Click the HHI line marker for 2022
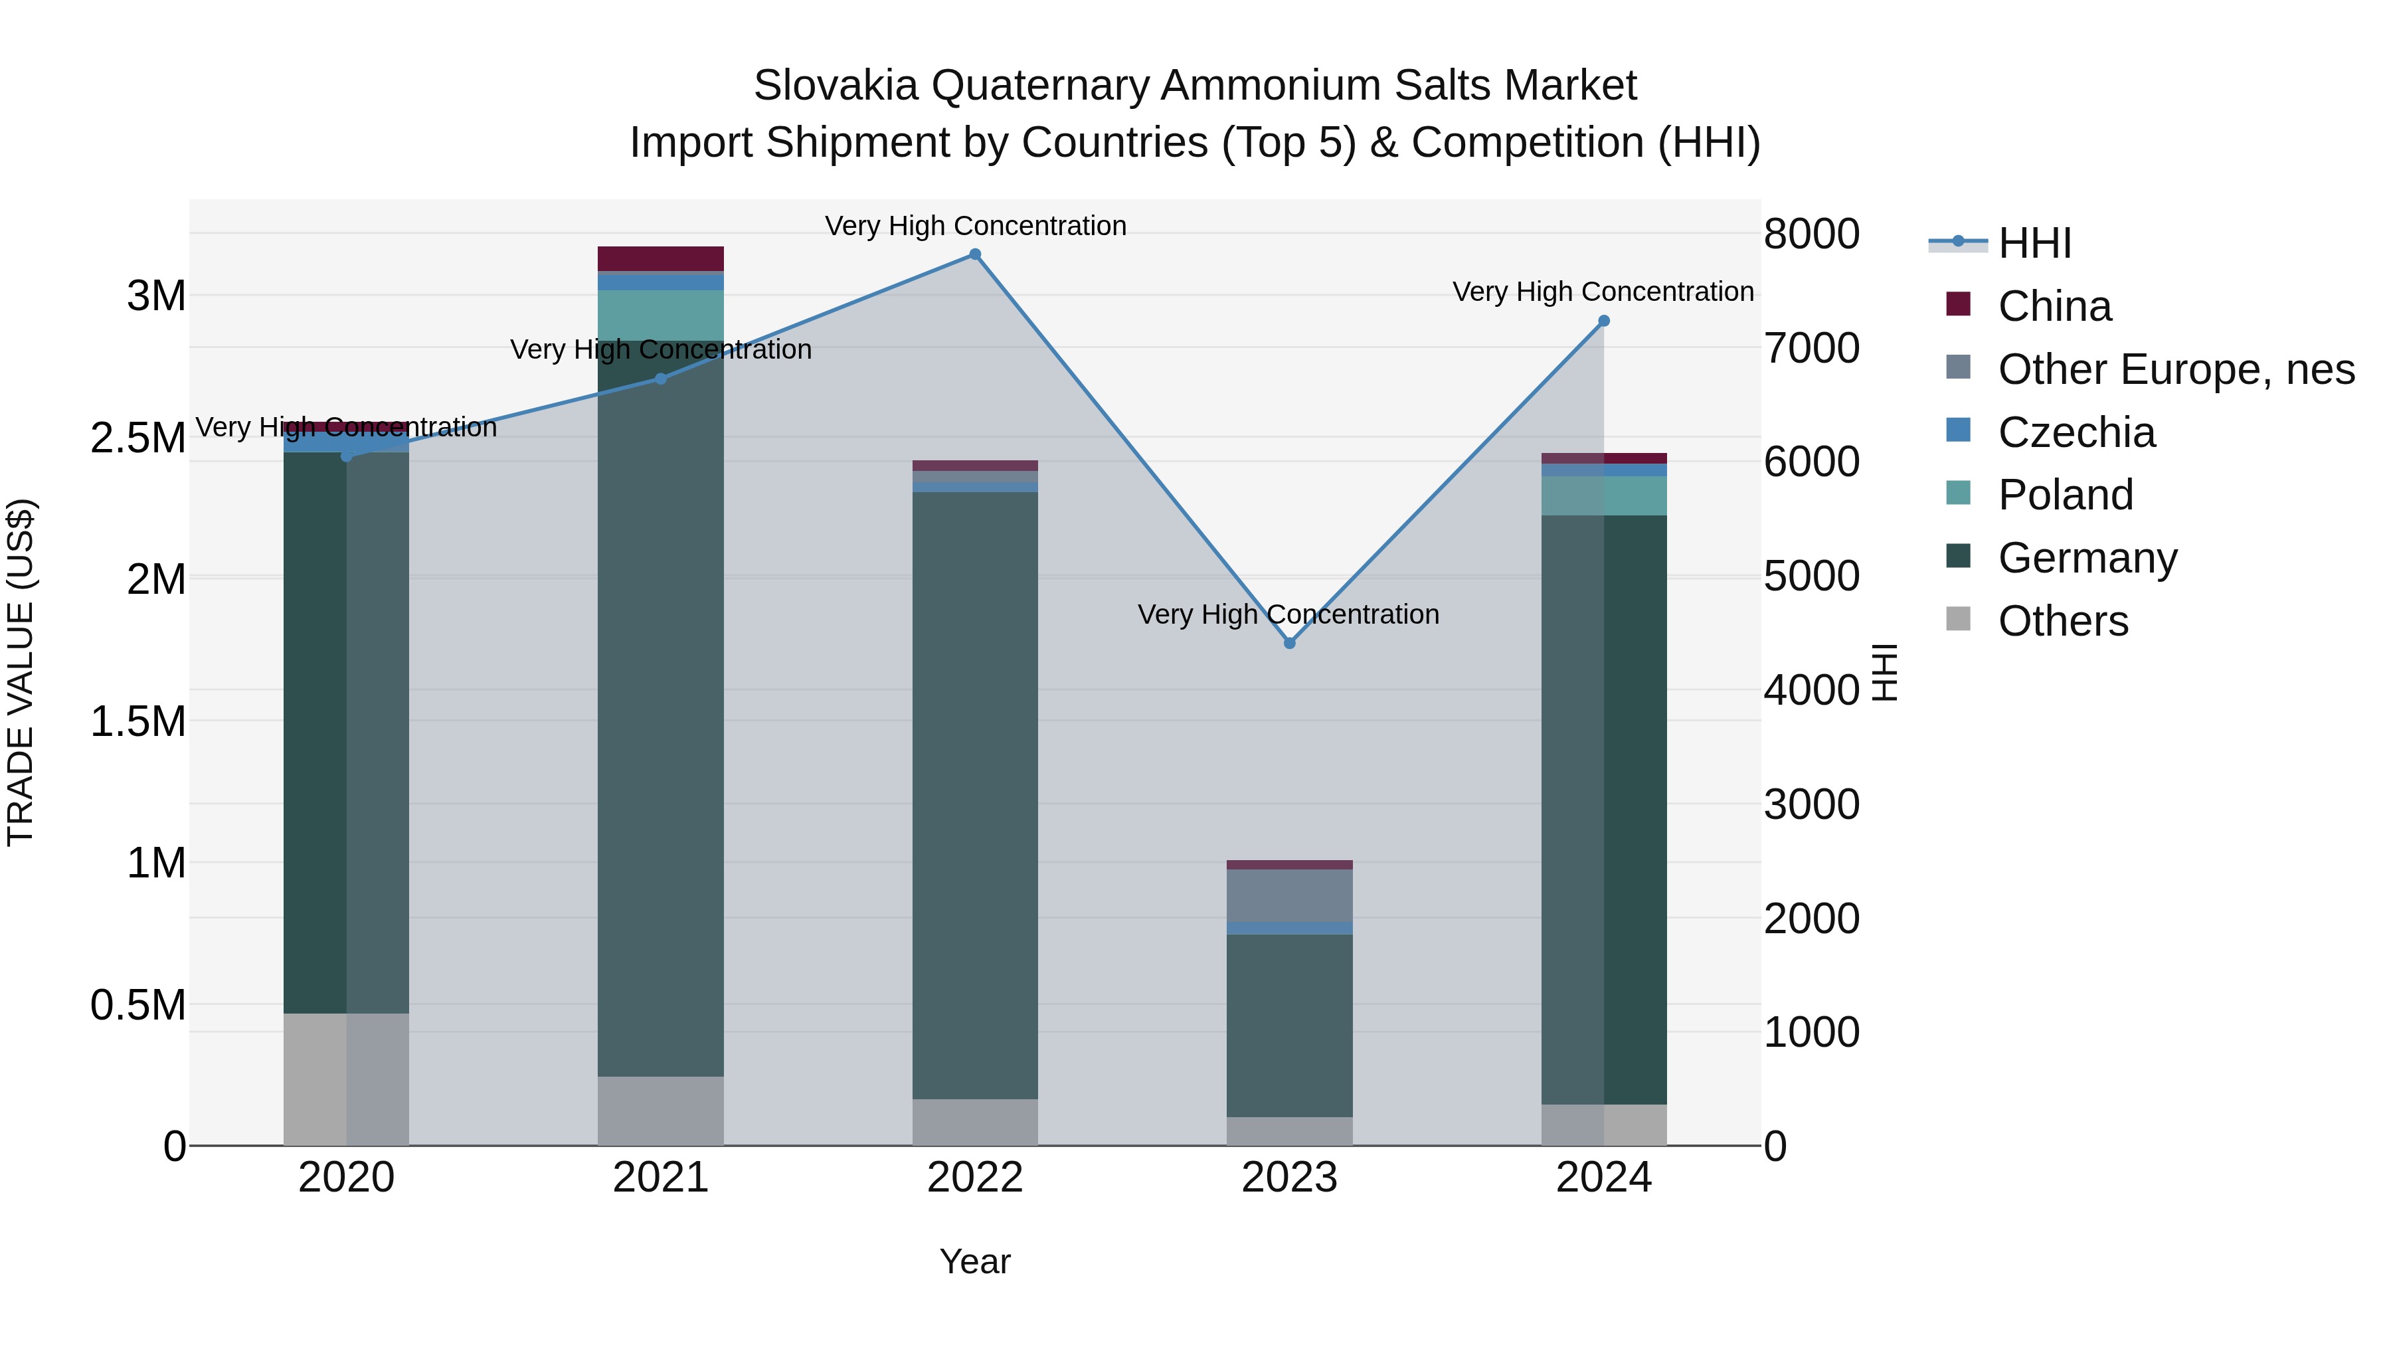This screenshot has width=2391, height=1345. pos(974,254)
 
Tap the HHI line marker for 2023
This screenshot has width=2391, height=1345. pos(1289,643)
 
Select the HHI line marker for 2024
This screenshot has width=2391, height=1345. pos(1603,321)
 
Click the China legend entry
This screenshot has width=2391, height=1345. pos(2054,306)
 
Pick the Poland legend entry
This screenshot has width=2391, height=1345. pos(2065,495)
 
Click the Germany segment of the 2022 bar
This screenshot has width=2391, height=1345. pos(974,789)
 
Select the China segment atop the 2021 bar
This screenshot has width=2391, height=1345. pos(660,258)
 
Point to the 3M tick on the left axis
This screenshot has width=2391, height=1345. pos(156,296)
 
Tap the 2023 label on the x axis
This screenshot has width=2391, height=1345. pos(1289,1178)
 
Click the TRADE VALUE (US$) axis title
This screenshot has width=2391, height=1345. pos(21,672)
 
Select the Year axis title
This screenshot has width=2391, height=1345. pos(974,1261)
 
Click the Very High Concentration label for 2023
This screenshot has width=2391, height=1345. pos(1288,614)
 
